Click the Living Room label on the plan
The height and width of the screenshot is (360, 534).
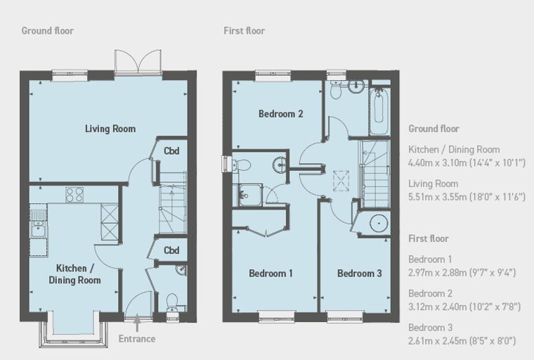pos(110,129)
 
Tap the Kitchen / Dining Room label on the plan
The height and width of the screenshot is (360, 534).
pos(75,274)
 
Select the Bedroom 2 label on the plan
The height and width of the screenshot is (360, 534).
pos(280,113)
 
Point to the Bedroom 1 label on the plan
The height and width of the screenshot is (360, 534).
pos(271,273)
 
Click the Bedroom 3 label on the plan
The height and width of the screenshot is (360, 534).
pos(360,273)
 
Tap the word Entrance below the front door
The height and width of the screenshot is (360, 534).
pos(137,338)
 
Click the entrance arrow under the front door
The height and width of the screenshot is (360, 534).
pos(137,324)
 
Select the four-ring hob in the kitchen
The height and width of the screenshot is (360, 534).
pos(74,195)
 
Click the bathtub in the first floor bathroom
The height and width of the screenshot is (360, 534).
pos(379,111)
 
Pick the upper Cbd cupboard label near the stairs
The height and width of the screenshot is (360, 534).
pos(171,150)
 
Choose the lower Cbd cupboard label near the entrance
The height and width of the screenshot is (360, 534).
pos(171,250)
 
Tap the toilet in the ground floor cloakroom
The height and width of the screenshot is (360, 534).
pos(171,302)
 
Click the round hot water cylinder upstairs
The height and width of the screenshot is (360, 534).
pos(379,224)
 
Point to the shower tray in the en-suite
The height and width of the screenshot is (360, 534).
pos(250,195)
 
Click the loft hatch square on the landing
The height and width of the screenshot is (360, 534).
pos(341,181)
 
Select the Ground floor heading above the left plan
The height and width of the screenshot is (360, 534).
pos(47,31)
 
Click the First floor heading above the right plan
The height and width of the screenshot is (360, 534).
pos(245,31)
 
